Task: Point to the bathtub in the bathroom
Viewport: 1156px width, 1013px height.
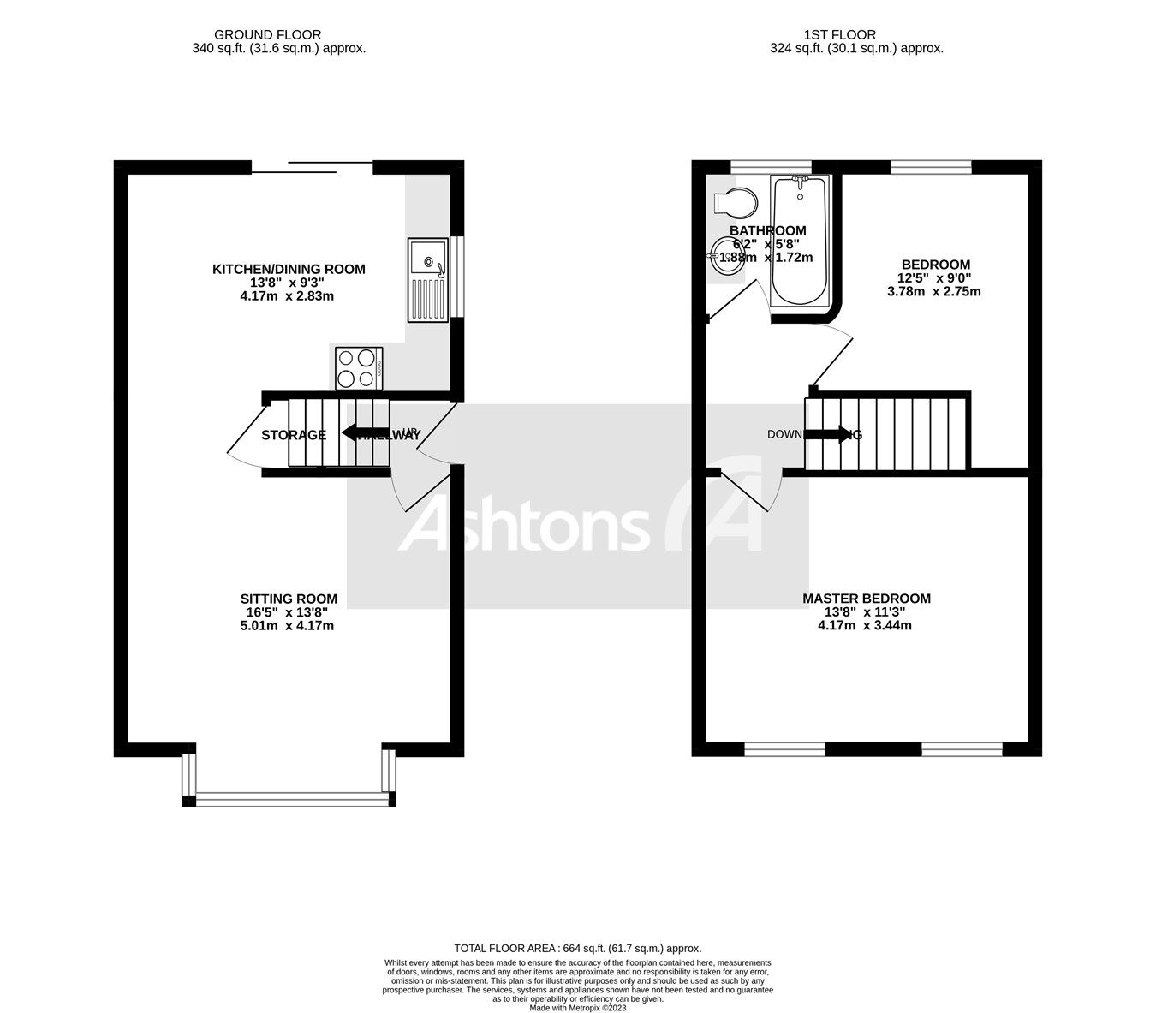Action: click(x=800, y=241)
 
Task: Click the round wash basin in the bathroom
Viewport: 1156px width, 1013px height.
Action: click(x=726, y=255)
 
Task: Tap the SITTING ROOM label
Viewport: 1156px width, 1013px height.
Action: click(x=288, y=599)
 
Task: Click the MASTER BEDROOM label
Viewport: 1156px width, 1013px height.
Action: click(x=866, y=599)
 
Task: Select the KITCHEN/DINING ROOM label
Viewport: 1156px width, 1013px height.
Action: click(x=289, y=269)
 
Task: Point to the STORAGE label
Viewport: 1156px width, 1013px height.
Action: click(x=294, y=435)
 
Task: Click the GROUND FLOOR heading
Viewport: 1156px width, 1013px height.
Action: click(x=267, y=35)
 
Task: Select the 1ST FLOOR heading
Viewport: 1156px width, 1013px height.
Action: click(x=839, y=35)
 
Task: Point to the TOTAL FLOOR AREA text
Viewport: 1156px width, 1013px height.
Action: click(x=577, y=948)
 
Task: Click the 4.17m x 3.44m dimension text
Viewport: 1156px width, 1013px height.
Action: click(x=865, y=625)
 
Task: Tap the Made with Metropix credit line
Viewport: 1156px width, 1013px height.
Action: click(x=578, y=1008)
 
